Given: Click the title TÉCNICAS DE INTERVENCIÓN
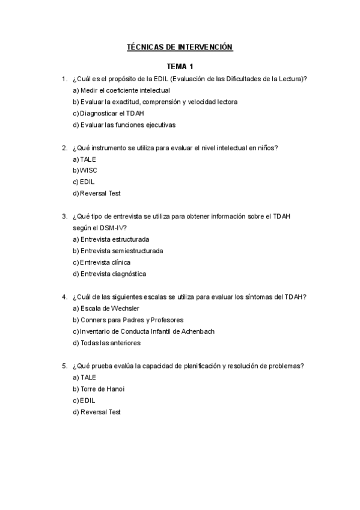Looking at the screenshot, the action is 179,46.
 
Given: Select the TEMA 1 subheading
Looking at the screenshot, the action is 179,67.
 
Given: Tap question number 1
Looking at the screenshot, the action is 64,79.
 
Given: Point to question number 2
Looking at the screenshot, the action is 64,147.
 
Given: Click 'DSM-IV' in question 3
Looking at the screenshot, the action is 111,227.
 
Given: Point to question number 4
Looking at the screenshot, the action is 64,296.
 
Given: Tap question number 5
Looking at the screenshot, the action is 64,366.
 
